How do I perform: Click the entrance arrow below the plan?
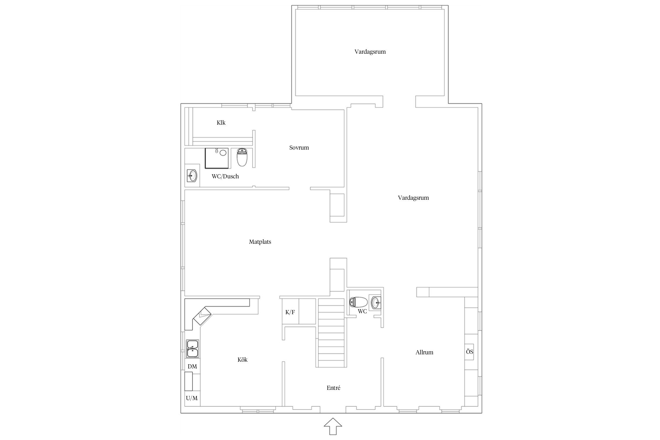coord(333,426)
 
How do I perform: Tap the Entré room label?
coord(334,388)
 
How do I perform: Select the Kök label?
coord(243,360)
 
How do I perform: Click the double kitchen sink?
coord(192,349)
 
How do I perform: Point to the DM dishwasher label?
coord(192,366)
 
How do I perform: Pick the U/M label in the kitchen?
coord(192,398)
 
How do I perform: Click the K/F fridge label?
coord(290,312)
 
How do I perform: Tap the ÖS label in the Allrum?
coord(470,351)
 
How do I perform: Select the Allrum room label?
coord(424,352)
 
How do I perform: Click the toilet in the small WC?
coord(358,302)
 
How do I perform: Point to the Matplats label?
coord(260,242)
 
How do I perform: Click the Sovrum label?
coord(299,148)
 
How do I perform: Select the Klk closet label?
coord(221,123)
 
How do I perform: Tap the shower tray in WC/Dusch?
coord(216,158)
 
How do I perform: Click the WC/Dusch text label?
coord(225,176)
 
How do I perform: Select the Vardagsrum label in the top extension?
coord(370,52)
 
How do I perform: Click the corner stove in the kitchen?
coord(202,316)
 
